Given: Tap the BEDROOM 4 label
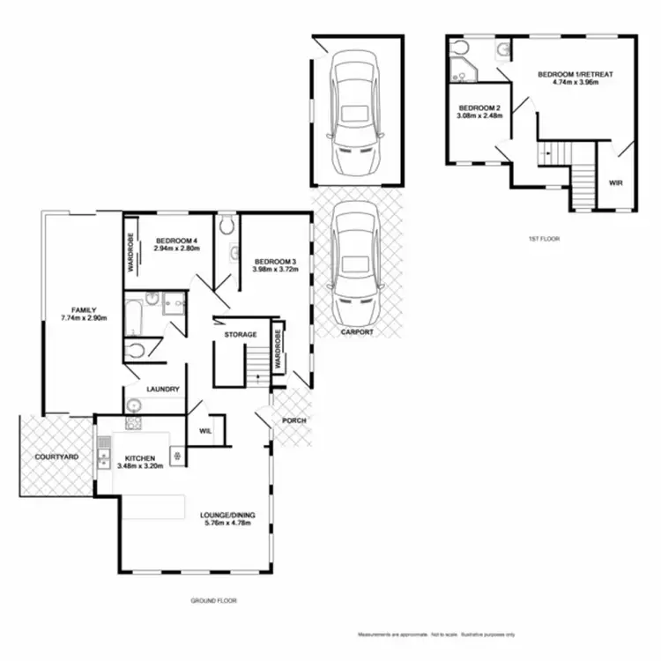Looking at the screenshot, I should click(177, 241).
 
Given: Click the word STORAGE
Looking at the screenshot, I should click(241, 335).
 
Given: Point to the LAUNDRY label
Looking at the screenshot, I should click(164, 390).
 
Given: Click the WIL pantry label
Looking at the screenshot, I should click(205, 431).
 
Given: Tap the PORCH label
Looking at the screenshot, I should click(293, 420).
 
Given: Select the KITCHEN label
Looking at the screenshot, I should click(140, 459).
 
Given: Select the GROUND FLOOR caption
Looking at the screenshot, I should click(214, 600).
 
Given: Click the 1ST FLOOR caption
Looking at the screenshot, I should click(544, 239).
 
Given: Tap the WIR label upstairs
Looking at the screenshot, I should click(615, 183).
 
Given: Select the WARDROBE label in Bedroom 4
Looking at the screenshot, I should click(131, 249).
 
